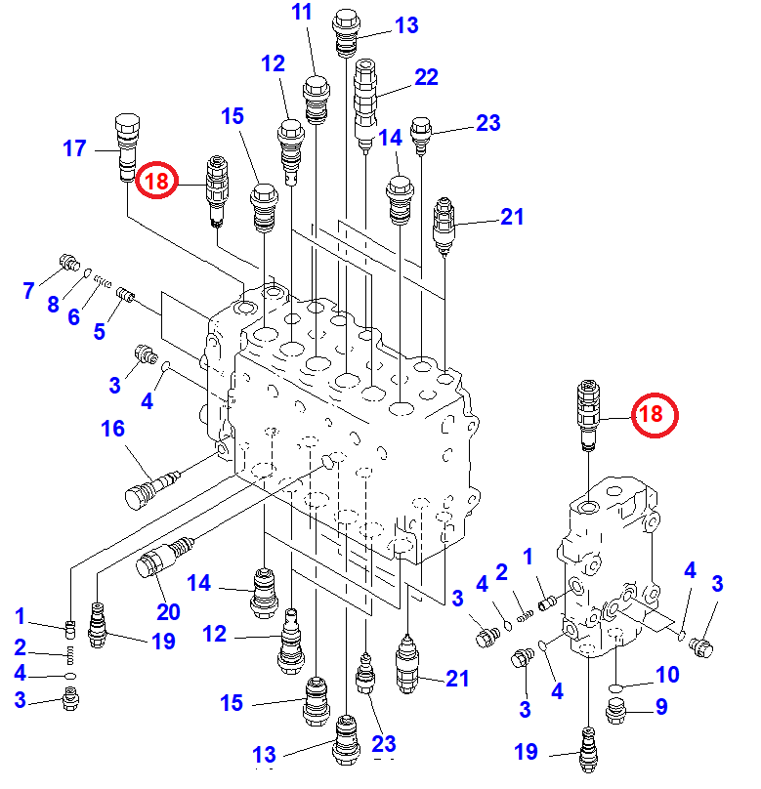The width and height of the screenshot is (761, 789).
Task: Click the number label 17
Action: [x=75, y=149]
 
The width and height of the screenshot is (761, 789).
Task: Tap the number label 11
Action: [x=302, y=13]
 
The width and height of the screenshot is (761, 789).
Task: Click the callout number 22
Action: [x=426, y=76]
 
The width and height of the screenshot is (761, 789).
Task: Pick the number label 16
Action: [x=113, y=428]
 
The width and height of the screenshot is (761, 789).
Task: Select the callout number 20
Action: [x=168, y=611]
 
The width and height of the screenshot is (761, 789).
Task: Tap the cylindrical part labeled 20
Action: [x=162, y=562]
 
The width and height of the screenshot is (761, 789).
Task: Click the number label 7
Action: [x=28, y=289]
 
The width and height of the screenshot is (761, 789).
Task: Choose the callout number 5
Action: [x=100, y=331]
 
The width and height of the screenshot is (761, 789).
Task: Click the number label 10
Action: [x=666, y=674]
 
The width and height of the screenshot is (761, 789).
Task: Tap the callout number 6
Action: [x=74, y=316]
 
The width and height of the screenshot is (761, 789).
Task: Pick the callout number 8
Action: [x=53, y=303]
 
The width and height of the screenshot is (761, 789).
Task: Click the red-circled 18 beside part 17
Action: [x=156, y=181]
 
